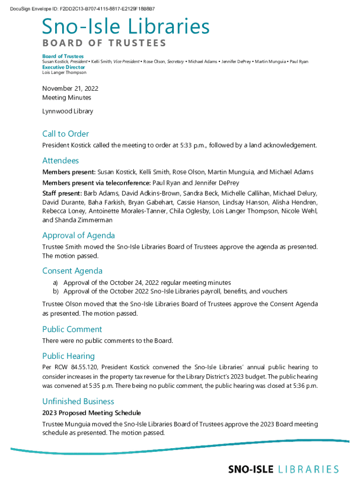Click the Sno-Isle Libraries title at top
126,27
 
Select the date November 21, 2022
70,88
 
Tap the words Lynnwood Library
67,111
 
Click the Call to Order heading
65,134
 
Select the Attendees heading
60,161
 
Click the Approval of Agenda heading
79,235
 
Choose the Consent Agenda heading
72,271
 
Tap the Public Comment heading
72,329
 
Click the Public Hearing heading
68,356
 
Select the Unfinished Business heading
78,401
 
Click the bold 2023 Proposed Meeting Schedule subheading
91,413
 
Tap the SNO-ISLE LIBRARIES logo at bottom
283,469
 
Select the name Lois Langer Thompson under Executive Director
64,73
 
